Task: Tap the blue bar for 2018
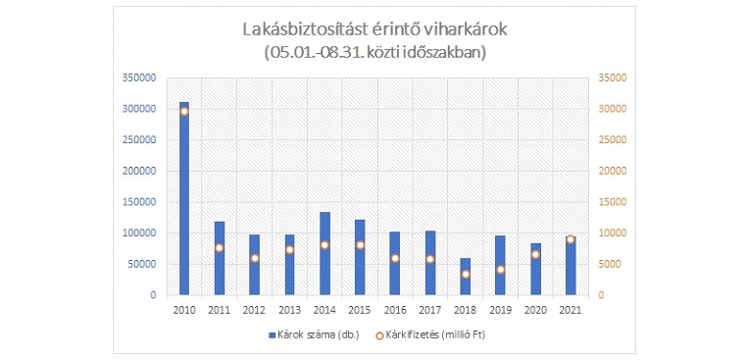[x=465, y=277]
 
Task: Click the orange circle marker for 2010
[x=184, y=111]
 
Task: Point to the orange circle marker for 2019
[x=500, y=269]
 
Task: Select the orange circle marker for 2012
[x=254, y=258]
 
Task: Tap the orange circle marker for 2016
[x=394, y=258]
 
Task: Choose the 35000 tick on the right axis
[x=610, y=77]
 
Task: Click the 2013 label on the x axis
[x=289, y=309]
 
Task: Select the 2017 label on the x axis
[x=429, y=309]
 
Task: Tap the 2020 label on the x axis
[x=535, y=309]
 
